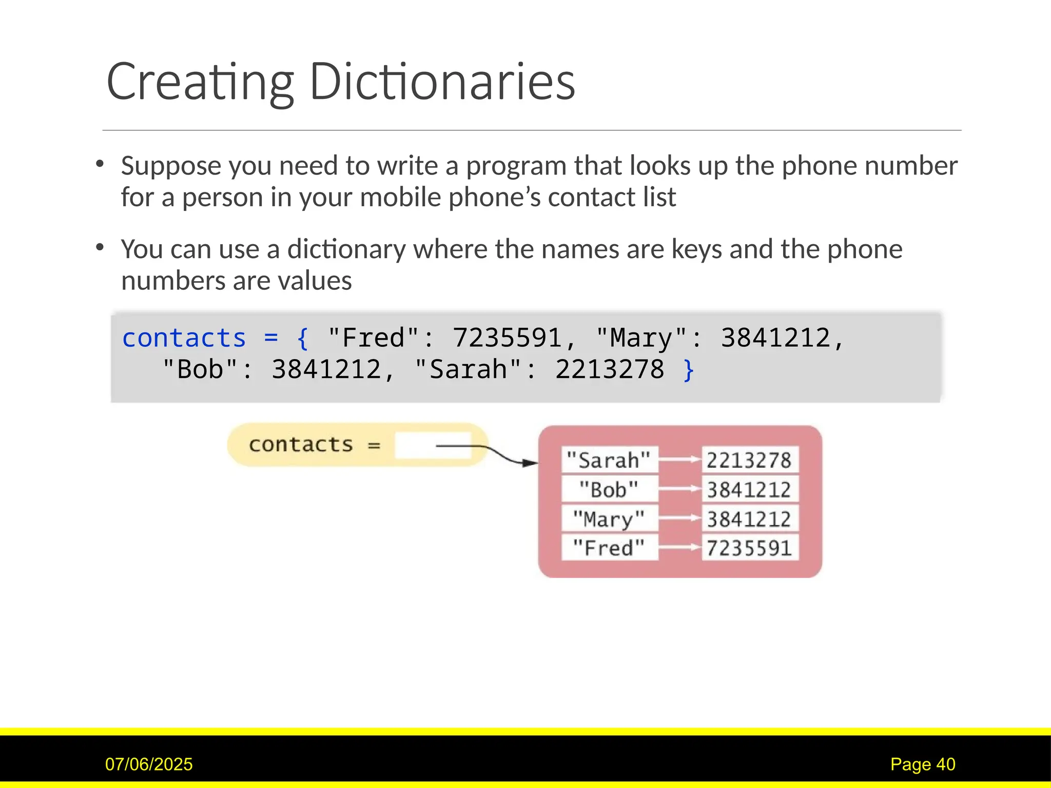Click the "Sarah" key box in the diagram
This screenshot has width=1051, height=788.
click(609, 460)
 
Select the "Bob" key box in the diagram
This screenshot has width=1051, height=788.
click(609, 489)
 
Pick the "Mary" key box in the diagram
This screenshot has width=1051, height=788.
click(609, 519)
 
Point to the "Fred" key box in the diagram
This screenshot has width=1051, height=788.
click(609, 547)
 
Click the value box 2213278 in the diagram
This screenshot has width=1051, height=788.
click(749, 460)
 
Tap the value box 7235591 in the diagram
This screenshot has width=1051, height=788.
click(749, 547)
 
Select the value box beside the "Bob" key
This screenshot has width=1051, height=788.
click(749, 489)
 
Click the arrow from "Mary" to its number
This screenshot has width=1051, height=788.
click(679, 519)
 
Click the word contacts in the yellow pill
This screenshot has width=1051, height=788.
click(301, 444)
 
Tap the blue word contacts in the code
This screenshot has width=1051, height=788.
click(184, 338)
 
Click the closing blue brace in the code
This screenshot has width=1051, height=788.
click(689, 370)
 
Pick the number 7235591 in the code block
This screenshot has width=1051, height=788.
click(507, 338)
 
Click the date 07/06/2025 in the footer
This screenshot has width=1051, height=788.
click(149, 764)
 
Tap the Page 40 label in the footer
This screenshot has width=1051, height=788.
click(922, 764)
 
